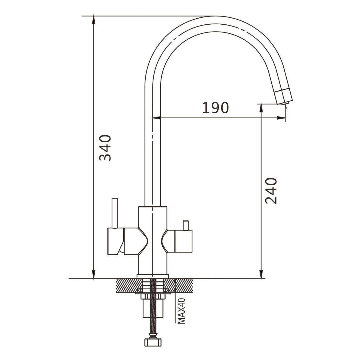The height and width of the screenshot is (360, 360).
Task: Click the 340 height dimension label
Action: pos(105,148)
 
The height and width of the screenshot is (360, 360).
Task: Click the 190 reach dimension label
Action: pos(215,108)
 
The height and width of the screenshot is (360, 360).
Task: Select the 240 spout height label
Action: pos(271,191)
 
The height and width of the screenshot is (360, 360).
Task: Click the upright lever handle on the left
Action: pos(115,213)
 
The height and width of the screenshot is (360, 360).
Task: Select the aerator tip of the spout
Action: pos(284,97)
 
